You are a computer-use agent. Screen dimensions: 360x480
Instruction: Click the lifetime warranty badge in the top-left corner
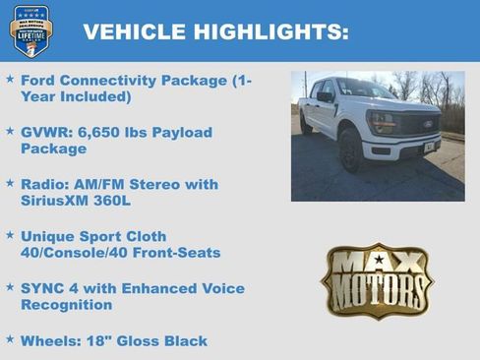pos(30,30)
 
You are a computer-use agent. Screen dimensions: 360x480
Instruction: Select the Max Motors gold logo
pos(377,280)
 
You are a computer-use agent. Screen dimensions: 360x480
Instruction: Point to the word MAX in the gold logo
pos(377,263)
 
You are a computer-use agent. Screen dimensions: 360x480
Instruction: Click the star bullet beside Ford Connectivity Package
pos(10,79)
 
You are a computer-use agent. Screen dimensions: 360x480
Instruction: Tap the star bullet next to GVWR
pos(10,131)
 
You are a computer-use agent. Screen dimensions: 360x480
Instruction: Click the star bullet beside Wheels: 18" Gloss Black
pos(10,340)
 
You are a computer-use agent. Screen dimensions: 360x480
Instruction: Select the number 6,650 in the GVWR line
pos(106,132)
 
